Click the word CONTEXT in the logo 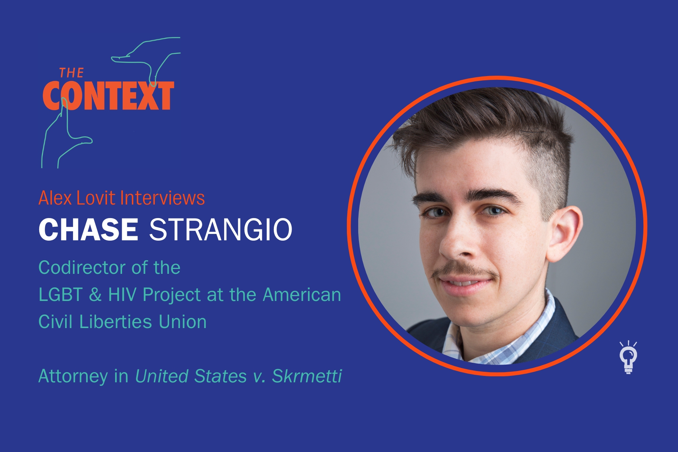(108, 96)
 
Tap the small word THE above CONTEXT (72, 73)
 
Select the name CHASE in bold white (89, 229)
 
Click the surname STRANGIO (221, 229)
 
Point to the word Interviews (162, 198)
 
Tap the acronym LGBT (60, 295)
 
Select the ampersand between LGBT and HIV (95, 295)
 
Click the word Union (183, 322)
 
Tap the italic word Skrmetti (307, 376)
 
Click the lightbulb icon (628, 357)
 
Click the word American (302, 295)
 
